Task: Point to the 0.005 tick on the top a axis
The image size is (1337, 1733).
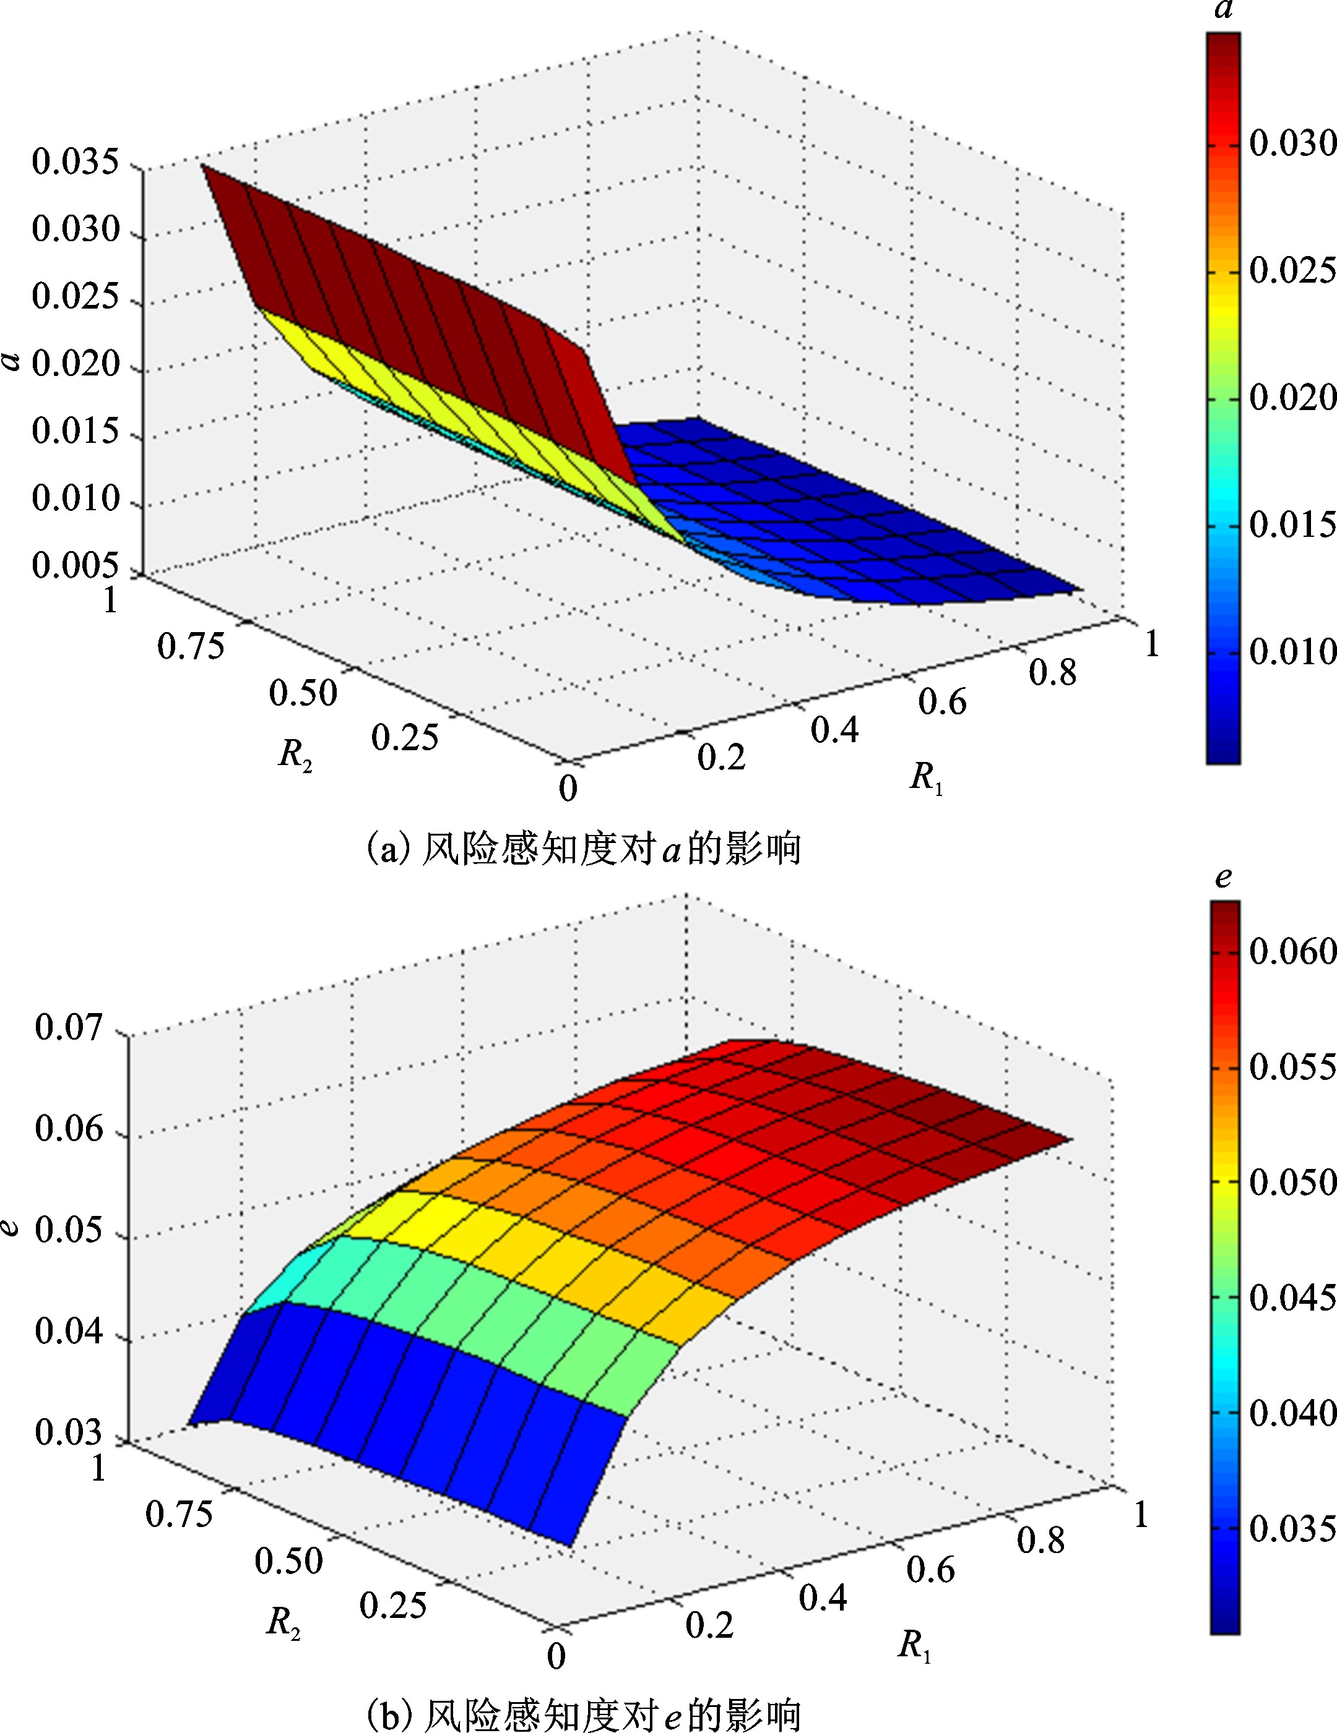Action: click(x=76, y=567)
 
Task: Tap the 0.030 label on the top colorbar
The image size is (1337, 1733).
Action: click(x=1292, y=143)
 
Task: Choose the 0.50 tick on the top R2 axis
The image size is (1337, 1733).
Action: click(x=303, y=693)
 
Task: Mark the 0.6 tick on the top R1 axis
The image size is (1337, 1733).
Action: click(x=943, y=702)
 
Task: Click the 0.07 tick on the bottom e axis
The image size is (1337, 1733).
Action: click(x=69, y=1027)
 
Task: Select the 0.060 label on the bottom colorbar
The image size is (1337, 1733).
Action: click(x=1292, y=951)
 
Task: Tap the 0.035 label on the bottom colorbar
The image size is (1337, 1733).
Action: click(x=1292, y=1529)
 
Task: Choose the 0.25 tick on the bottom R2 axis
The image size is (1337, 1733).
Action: click(x=393, y=1605)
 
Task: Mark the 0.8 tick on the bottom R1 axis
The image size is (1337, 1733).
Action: click(x=1041, y=1541)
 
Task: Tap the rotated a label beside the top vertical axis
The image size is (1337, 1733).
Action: click(x=11, y=362)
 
